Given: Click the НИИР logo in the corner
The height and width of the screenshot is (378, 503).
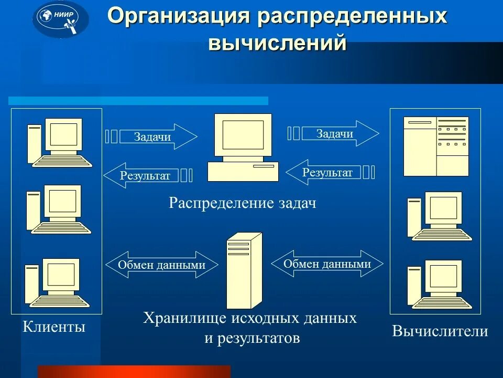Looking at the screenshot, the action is click(61, 19).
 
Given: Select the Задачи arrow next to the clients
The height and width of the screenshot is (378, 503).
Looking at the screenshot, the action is click(157, 137).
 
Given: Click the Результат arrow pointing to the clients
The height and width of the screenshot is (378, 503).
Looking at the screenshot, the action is click(141, 175).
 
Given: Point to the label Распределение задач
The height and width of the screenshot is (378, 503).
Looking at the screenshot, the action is click(242, 203).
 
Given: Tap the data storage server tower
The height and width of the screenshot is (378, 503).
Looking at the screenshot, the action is click(244, 271).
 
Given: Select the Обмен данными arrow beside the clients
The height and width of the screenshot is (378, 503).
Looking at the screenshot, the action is click(161, 265).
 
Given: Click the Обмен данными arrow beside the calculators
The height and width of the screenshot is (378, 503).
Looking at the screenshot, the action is click(327, 264).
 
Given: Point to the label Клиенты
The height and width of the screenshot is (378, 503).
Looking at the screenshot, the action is click(54, 328).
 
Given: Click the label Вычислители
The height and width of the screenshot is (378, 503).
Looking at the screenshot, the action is click(440, 331).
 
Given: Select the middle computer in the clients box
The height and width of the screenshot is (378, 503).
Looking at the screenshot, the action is click(59, 209).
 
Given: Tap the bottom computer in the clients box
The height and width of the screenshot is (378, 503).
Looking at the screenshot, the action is click(59, 282).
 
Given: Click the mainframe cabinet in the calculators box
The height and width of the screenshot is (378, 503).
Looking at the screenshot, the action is click(436, 146).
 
